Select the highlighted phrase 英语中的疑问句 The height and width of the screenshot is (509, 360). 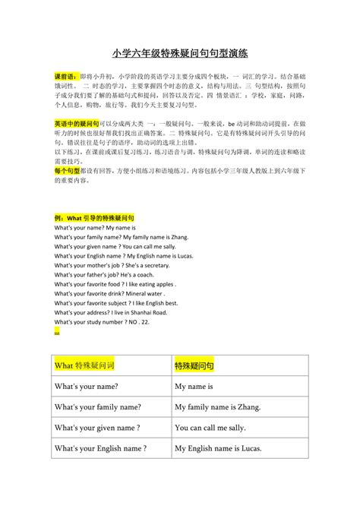coord(74,123)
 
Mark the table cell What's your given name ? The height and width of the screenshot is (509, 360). coord(97,428)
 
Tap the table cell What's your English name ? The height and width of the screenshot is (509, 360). coord(100,448)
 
